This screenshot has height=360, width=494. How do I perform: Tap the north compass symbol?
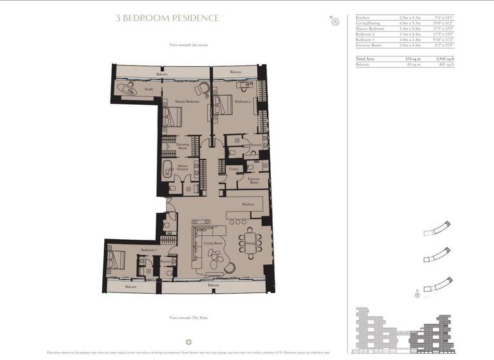click(335, 22)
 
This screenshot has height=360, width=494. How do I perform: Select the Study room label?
click(149, 89)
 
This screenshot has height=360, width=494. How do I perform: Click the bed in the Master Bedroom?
click(173, 117)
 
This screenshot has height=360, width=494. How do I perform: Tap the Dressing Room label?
click(183, 147)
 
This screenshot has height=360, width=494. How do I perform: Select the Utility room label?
click(233, 168)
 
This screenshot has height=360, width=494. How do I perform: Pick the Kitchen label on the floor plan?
click(248, 204)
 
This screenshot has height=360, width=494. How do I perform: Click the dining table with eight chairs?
click(250, 243)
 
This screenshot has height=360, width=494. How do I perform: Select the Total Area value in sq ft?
click(443, 59)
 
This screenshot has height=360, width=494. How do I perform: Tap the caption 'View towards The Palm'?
click(188, 318)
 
